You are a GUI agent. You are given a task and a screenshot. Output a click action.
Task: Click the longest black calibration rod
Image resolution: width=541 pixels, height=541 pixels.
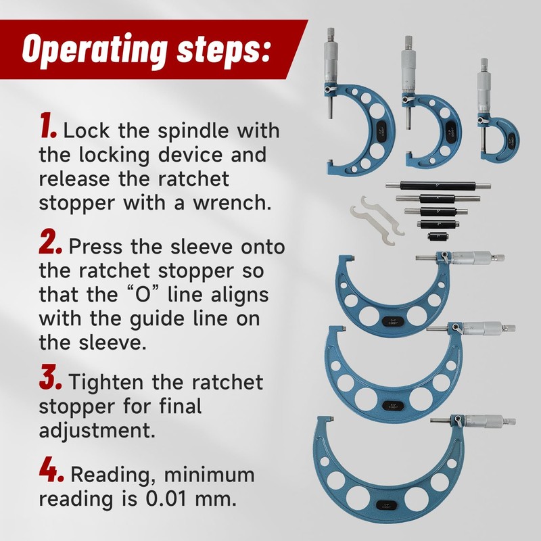tap(438, 186)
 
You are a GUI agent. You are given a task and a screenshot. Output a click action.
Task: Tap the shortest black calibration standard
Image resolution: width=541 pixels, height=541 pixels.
tap(435, 237)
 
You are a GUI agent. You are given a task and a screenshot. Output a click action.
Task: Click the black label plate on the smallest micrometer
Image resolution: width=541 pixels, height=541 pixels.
tap(511, 142)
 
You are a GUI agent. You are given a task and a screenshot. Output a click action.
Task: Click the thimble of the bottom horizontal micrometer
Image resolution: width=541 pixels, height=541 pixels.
tap(486, 422)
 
